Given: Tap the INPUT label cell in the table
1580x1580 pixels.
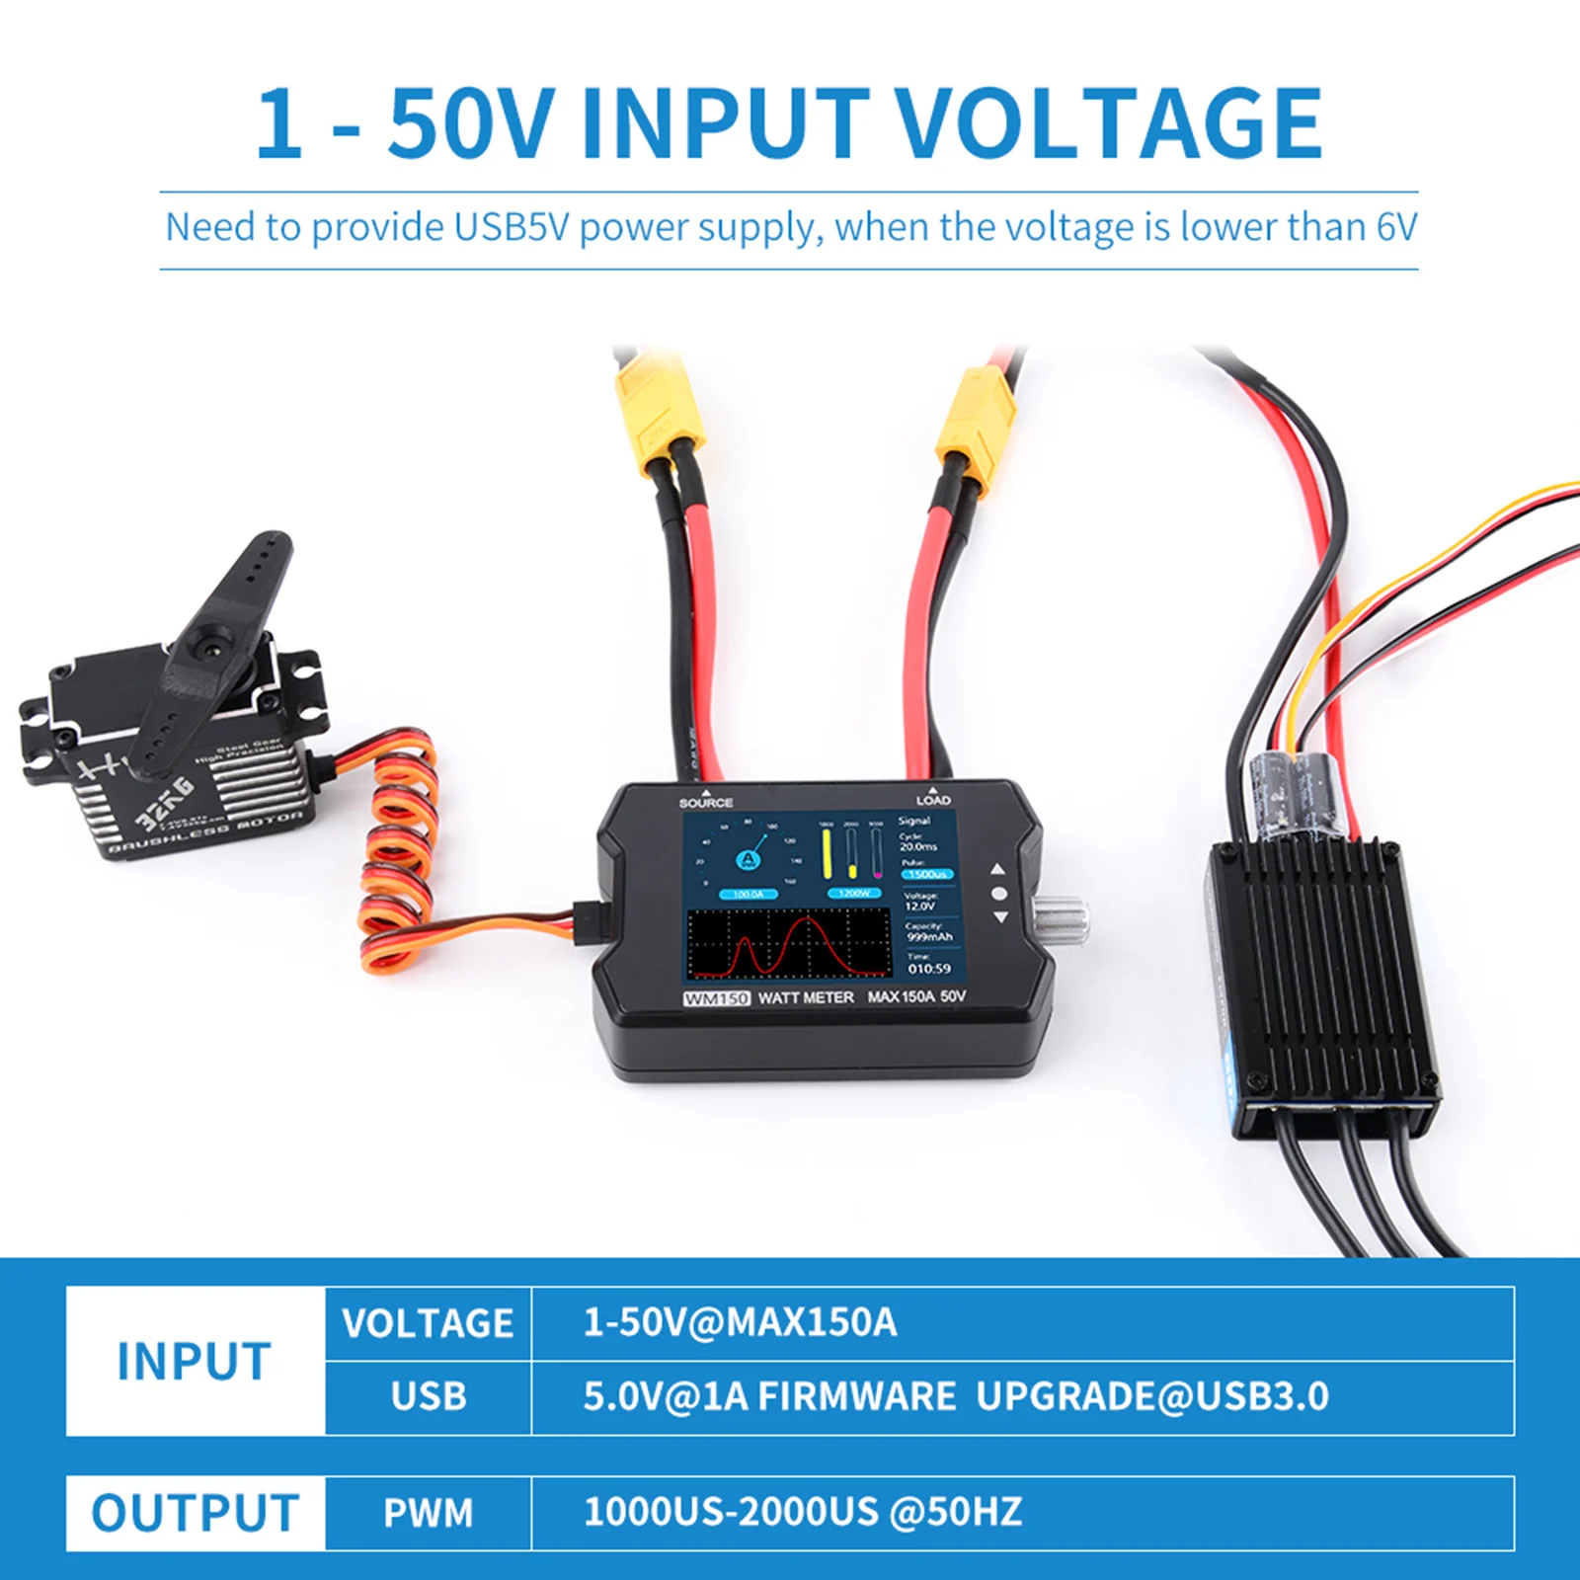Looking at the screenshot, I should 195,1361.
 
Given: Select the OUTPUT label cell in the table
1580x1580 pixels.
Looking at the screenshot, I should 195,1513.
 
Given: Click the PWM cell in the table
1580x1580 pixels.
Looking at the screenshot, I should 428,1513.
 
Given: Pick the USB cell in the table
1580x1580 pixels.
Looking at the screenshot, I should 428,1396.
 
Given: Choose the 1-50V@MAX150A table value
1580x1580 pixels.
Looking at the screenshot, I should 740,1322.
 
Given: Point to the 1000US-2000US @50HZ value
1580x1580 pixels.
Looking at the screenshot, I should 802,1512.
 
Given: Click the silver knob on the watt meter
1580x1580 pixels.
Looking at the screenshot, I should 1061,918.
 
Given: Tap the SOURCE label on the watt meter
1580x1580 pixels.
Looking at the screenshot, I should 706,802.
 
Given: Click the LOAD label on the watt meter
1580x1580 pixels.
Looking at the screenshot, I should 933,800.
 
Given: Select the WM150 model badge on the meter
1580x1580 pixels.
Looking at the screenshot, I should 717,998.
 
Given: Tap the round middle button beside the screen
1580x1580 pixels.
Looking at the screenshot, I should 999,894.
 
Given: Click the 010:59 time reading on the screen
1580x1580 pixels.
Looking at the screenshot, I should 929,969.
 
